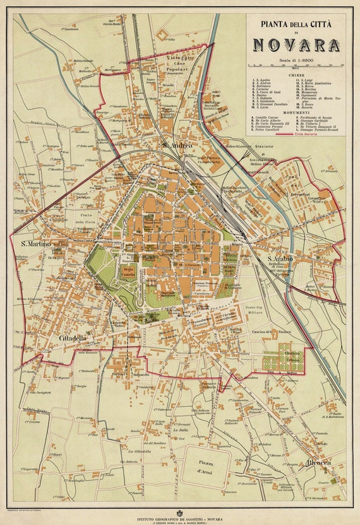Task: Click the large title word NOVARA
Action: coord(296,45)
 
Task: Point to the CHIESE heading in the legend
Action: coord(296,75)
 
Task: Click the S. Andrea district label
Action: coord(177,146)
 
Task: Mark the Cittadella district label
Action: coord(73,338)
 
